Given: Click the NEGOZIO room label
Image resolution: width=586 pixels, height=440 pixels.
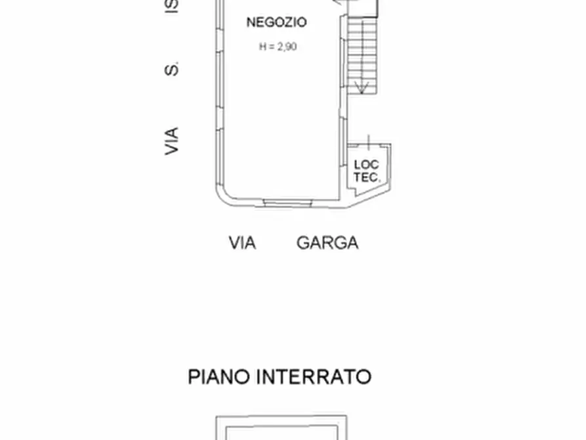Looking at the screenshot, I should [276, 22].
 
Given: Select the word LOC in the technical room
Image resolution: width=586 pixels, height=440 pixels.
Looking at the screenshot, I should [366, 164].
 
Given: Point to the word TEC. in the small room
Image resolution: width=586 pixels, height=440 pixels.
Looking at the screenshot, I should [366, 177].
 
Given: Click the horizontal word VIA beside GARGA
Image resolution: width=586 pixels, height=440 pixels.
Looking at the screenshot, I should [242, 243].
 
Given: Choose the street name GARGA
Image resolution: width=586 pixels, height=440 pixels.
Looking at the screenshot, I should [327, 243].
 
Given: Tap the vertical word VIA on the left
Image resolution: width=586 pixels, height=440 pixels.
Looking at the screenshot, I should [171, 141].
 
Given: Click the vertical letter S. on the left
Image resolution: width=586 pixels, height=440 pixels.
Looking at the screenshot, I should [171, 68].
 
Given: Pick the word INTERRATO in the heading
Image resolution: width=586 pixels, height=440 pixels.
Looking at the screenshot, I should [314, 377].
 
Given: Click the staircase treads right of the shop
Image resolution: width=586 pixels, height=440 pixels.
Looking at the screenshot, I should [360, 49].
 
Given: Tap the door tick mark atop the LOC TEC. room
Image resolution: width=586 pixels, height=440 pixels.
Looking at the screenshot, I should [369, 141].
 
